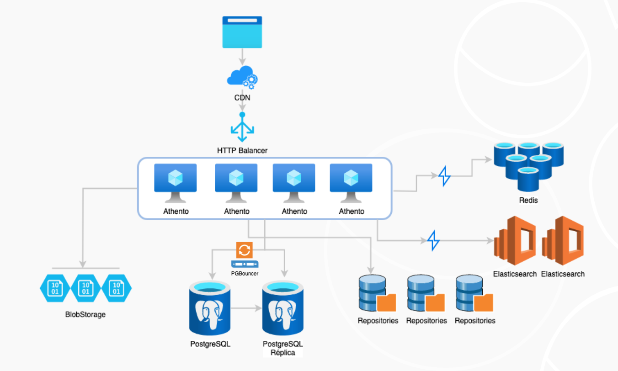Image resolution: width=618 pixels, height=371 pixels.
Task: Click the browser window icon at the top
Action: click(x=242, y=32)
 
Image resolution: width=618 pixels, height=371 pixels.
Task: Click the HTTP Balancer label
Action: click(x=242, y=150)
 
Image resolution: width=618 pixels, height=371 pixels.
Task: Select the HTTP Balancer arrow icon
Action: click(x=242, y=127)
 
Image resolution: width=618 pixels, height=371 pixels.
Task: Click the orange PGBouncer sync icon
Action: click(x=245, y=250)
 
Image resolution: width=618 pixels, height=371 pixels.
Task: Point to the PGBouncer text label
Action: click(x=245, y=273)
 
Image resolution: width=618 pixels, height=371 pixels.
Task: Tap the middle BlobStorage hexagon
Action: click(x=85, y=288)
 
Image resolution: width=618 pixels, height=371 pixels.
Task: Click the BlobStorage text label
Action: click(x=85, y=314)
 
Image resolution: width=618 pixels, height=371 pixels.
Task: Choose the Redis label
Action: click(x=528, y=200)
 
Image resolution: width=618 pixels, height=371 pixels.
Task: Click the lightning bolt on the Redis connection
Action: click(x=444, y=176)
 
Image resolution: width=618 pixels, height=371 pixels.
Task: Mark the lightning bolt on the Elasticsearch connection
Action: click(x=433, y=240)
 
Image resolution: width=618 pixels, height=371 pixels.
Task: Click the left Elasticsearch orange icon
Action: click(x=515, y=241)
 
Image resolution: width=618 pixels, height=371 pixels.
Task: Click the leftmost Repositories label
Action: click(x=378, y=321)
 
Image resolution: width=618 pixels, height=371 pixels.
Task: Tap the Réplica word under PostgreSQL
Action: click(x=282, y=353)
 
